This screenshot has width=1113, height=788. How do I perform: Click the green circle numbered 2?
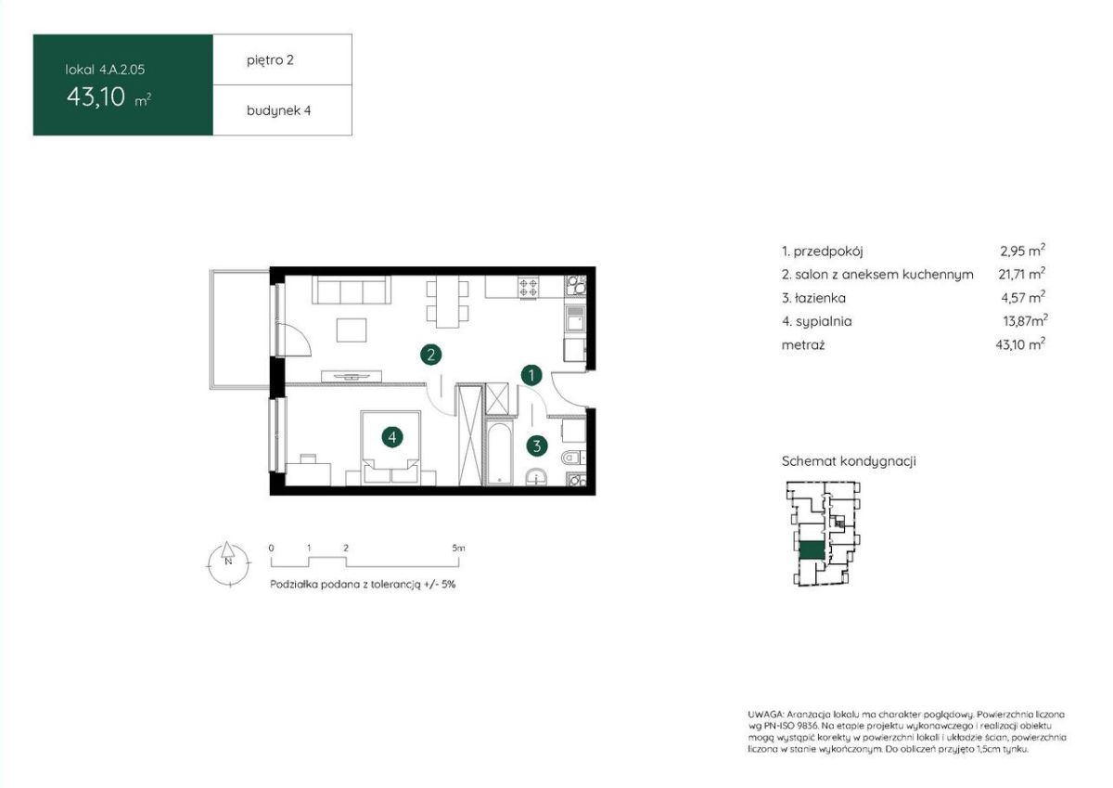[x=430, y=355]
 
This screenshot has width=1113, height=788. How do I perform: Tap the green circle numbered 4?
[x=392, y=437]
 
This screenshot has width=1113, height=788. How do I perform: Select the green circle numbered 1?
[x=531, y=375]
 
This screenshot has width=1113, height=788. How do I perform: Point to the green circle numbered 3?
[x=537, y=446]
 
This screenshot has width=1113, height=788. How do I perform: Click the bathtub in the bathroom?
[x=499, y=453]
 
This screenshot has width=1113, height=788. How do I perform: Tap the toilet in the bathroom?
[x=573, y=457]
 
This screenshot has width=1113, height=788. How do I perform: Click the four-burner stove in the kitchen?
[x=527, y=288]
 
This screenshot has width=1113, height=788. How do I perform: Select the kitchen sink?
[x=575, y=318]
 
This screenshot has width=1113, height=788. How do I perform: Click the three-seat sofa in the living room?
[x=352, y=290]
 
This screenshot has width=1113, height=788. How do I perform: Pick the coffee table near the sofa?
[x=352, y=330]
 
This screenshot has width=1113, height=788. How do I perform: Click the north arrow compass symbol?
[x=228, y=564]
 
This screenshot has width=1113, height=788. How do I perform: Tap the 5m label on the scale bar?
[x=458, y=549]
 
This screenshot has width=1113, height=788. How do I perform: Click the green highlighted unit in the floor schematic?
[x=812, y=550]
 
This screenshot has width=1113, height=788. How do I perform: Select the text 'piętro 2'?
[x=270, y=60]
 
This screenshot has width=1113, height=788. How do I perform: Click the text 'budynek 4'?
[x=279, y=110]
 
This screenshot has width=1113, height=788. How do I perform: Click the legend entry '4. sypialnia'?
[x=817, y=321]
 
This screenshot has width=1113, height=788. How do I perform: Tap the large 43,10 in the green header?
[x=96, y=97]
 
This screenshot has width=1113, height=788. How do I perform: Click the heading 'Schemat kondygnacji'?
[x=849, y=461]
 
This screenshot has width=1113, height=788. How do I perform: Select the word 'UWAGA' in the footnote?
[x=765, y=715]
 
